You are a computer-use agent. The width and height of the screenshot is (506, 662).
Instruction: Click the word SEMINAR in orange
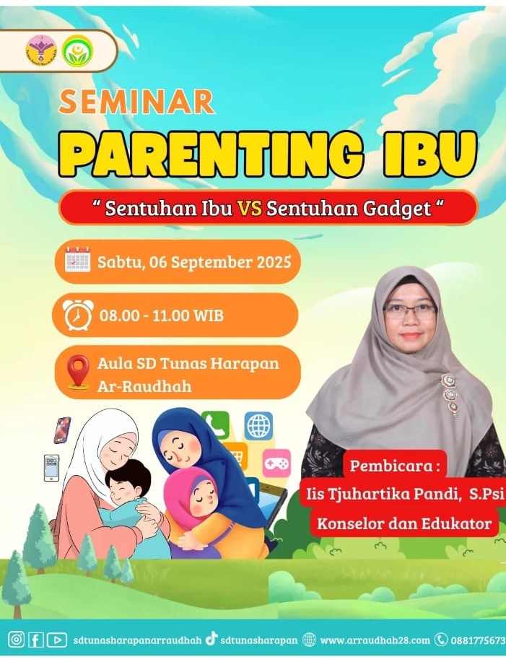click(x=136, y=102)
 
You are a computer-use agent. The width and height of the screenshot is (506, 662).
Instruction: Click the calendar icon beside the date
click(x=77, y=261)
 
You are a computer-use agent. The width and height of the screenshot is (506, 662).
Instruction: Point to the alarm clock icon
click(x=77, y=315)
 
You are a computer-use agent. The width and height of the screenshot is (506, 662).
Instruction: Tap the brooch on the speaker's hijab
click(x=450, y=393)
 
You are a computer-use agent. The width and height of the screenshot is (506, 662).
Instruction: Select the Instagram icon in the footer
click(x=17, y=639)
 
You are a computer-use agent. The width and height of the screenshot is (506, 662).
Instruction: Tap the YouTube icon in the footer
click(x=57, y=639)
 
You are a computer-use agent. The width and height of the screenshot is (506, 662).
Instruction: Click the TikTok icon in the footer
click(x=211, y=638)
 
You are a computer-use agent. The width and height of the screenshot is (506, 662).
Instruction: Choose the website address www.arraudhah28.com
click(x=374, y=640)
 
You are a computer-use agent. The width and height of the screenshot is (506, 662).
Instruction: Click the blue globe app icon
click(x=258, y=426)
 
